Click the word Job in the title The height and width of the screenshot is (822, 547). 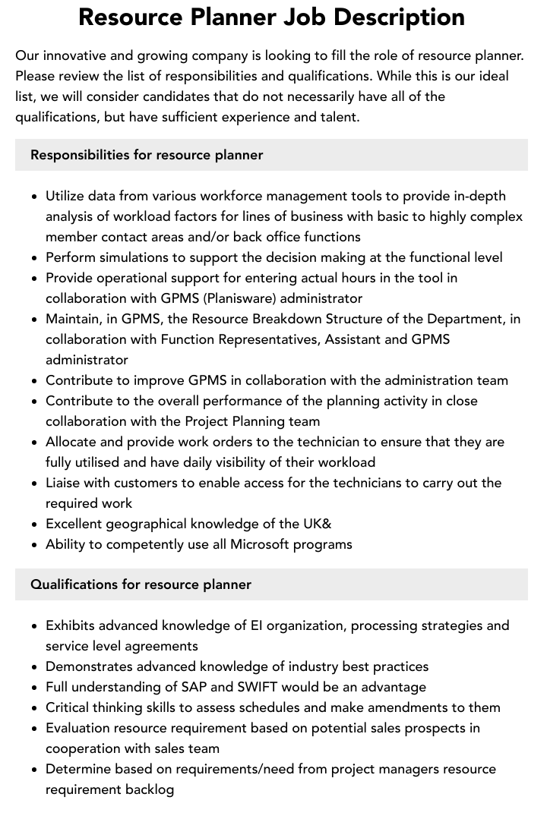[318, 17]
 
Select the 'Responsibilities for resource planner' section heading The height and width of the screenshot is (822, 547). [147, 155]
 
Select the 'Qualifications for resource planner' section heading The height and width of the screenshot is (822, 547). [141, 584]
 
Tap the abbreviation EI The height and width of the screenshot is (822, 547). [258, 625]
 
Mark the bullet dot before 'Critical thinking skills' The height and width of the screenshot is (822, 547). [35, 707]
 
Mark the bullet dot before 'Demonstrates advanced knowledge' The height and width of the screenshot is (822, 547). [35, 666]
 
